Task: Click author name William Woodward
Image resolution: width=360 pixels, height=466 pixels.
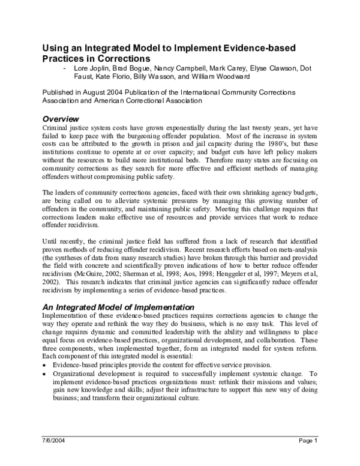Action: point(221,77)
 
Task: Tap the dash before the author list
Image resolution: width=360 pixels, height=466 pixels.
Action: point(64,68)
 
